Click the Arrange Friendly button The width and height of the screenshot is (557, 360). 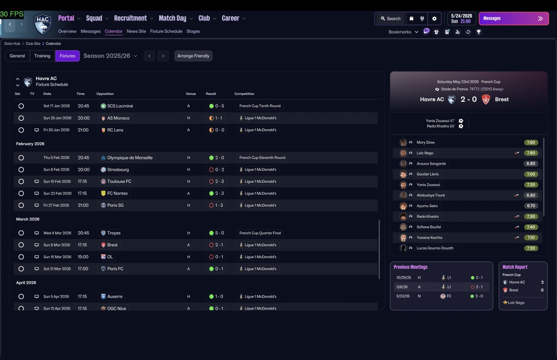pos(193,56)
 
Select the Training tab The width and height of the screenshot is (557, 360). pos(42,56)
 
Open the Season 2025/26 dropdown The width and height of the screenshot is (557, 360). pos(110,56)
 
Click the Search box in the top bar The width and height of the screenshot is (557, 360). pos(391,19)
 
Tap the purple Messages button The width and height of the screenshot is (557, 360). pos(514,19)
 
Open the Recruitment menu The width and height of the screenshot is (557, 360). pos(134,18)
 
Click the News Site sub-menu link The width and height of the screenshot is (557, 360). pos(136,31)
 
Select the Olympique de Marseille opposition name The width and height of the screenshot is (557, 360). pos(130,158)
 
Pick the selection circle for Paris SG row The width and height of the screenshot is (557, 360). pos(21,205)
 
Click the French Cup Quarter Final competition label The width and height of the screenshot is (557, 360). pos(260,233)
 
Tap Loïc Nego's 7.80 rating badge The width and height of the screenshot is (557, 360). pos(531,153)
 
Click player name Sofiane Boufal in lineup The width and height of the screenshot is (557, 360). pos(429,227)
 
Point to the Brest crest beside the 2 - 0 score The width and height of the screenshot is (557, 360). pos(486,100)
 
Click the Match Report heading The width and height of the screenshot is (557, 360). pos(515,267)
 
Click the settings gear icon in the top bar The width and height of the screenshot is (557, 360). pos(434,19)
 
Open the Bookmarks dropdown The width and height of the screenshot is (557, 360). pos(403,32)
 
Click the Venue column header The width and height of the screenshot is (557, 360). pos(191,94)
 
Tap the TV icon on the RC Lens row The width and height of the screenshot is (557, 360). pos(37,130)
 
